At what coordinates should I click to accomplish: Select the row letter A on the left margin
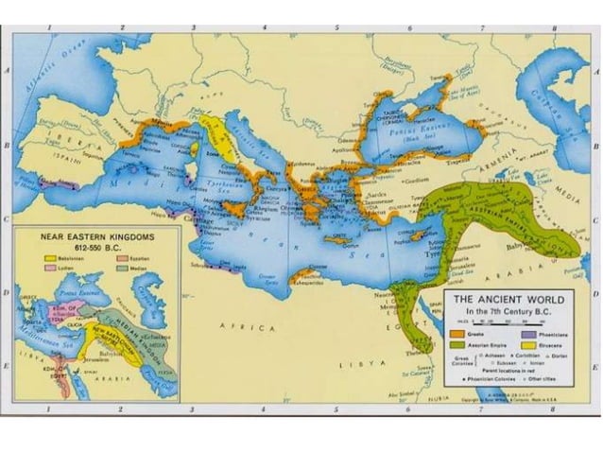[x=7, y=72]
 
